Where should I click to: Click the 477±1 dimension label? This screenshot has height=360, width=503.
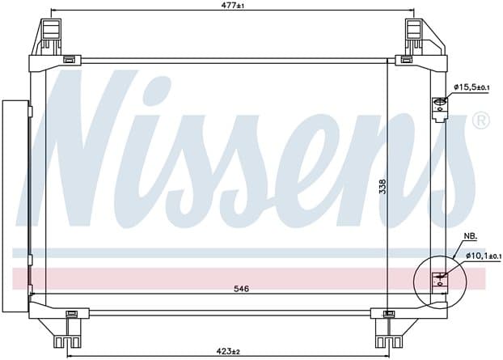pos(233,6)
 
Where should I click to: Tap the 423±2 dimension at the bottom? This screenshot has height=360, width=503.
pos(228,351)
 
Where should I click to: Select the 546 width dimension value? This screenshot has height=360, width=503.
pos(241,289)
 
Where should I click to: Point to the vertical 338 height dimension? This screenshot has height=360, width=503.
pos(383,186)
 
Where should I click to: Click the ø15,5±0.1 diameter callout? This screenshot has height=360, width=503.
pos(471,87)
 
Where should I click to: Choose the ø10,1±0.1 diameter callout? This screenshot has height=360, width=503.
pos(484,256)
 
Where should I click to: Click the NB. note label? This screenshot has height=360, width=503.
pos(471,236)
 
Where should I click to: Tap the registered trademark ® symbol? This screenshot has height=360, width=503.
pos(481,121)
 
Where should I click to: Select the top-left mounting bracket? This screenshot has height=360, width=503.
pos(48,37)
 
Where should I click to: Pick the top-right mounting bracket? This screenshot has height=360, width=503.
pos(425,37)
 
